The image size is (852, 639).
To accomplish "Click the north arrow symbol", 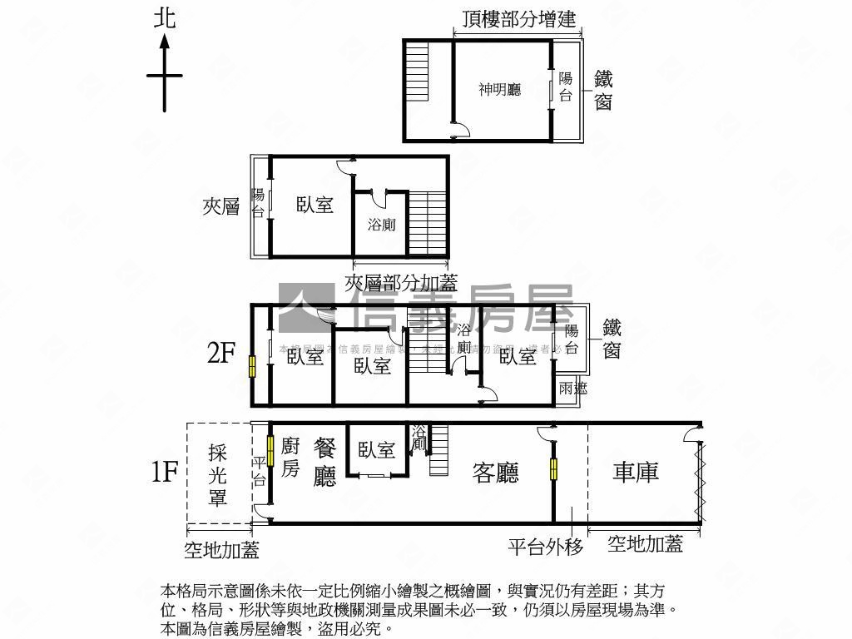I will pos(165,76).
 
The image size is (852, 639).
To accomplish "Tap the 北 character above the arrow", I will pos(165,18).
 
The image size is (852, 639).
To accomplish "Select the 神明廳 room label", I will pos(499,89).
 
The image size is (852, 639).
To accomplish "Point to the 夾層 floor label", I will pos(221,206).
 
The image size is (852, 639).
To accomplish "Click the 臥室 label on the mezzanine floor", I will pos(315,204).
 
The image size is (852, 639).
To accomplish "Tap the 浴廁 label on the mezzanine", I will pos(381,225).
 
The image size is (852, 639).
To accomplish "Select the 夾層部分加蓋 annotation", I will pos(401,283).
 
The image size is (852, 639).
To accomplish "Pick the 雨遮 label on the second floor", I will pos(572,388).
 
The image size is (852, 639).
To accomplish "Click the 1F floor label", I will pos(165,473).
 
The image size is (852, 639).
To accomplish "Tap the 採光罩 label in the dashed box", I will pos(219,474).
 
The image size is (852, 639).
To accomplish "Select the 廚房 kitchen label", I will pos(290,458).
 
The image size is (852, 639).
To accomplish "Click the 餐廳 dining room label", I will pos(324,462).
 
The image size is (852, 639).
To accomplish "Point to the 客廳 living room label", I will pos(496,473).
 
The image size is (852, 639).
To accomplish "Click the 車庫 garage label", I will pos(637,472).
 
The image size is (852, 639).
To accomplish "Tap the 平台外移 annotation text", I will pos(546,547).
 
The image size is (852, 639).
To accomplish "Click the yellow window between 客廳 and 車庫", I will pos(553,469).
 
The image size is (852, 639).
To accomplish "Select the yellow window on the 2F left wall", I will pos(252,365).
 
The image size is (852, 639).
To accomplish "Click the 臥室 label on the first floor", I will pos(377,450).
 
